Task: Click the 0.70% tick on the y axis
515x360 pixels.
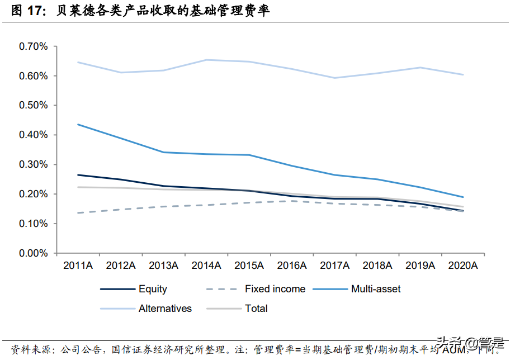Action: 34,46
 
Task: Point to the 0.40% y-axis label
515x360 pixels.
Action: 34,135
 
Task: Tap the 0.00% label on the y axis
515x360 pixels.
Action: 34,253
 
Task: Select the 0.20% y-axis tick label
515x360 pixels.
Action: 34,194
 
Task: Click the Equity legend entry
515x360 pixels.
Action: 153,289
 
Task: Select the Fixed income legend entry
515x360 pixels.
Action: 275,289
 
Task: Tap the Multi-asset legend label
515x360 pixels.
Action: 376,289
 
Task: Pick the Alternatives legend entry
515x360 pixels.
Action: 165,308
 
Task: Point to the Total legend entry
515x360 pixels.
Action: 256,308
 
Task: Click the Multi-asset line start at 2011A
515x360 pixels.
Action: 78,124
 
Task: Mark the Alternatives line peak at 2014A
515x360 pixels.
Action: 206,60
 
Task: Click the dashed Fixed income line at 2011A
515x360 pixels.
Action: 78,213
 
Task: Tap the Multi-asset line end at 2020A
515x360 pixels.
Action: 463,197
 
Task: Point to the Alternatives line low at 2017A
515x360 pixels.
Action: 334,78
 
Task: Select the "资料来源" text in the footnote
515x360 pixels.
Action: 23,349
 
